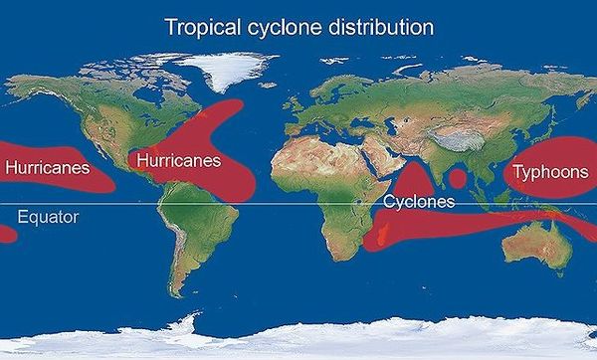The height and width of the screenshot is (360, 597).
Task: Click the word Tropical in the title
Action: coord(200,26)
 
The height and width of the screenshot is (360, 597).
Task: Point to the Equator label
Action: coord(48,216)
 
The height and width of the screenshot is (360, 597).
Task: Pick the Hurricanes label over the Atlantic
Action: coord(179,159)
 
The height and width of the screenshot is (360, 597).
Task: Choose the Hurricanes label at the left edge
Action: coord(47,167)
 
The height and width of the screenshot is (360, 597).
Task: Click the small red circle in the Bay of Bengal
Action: coord(458,179)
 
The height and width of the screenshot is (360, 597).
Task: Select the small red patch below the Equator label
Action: coord(6,235)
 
